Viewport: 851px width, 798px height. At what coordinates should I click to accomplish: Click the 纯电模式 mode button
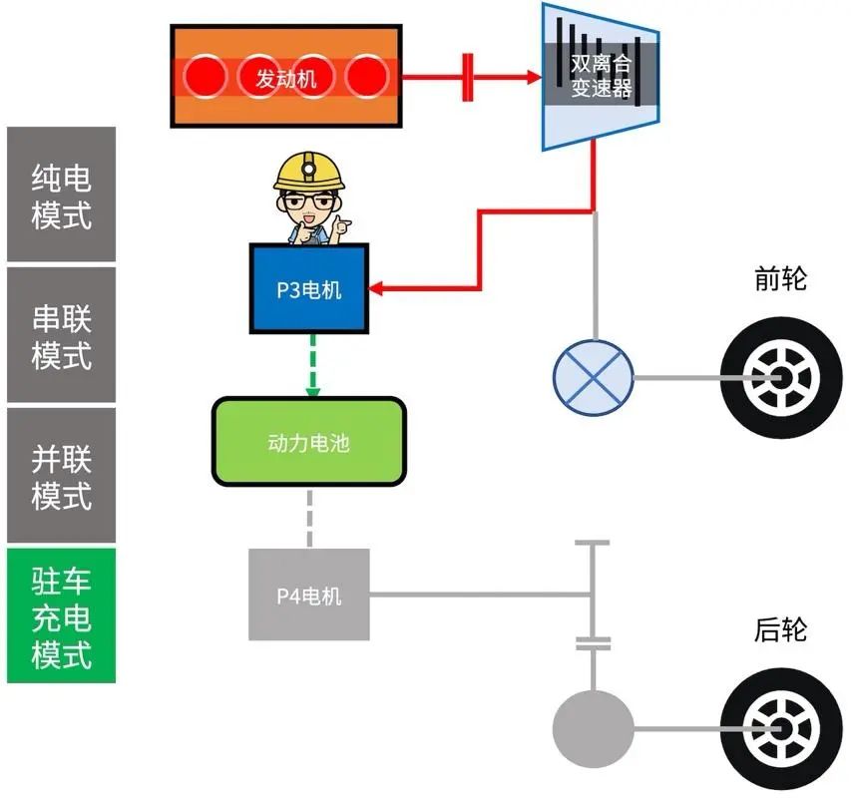(60, 196)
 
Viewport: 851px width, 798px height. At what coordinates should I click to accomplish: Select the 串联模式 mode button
(60, 335)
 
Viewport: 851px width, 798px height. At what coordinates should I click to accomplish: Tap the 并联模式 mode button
(60, 475)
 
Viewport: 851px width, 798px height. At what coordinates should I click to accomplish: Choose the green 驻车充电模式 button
(60, 615)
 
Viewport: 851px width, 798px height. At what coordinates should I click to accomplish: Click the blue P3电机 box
(308, 289)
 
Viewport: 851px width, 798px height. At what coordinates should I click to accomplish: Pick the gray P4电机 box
(308, 595)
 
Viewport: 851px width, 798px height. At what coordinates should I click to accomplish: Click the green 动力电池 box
(308, 441)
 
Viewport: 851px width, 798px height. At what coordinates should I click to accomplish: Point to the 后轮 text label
(780, 630)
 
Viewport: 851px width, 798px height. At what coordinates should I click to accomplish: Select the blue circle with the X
(593, 378)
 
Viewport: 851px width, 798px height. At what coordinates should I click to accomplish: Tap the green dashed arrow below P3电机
(311, 365)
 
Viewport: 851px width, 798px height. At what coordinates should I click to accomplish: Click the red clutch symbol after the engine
(467, 77)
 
